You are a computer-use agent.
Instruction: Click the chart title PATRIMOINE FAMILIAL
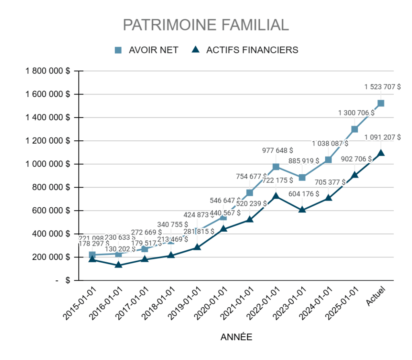pyautogui.click(x=206, y=25)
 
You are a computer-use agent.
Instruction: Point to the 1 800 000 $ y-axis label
pyautogui.click(x=47, y=71)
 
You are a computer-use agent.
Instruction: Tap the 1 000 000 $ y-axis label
pyautogui.click(x=47, y=164)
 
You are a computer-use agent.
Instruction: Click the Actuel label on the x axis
pyautogui.click(x=376, y=296)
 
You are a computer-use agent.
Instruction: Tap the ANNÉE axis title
pyautogui.click(x=236, y=337)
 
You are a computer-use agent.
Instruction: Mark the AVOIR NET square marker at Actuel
pyautogui.click(x=381, y=103)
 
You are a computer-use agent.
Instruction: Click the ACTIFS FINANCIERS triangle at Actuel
pyautogui.click(x=381, y=153)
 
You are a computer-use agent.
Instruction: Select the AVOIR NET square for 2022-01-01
pyautogui.click(x=276, y=167)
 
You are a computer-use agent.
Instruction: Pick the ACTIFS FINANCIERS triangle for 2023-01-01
pyautogui.click(x=302, y=210)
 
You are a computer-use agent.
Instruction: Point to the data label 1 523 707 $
pyautogui.click(x=382, y=86)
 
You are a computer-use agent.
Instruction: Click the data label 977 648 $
pyautogui.click(x=278, y=151)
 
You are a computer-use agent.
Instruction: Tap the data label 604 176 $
pyautogui.click(x=304, y=194)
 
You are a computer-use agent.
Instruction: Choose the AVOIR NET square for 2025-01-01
pyautogui.click(x=354, y=129)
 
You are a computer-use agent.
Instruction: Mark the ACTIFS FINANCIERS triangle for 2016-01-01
pyautogui.click(x=118, y=265)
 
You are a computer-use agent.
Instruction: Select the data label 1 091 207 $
pyautogui.click(x=382, y=137)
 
